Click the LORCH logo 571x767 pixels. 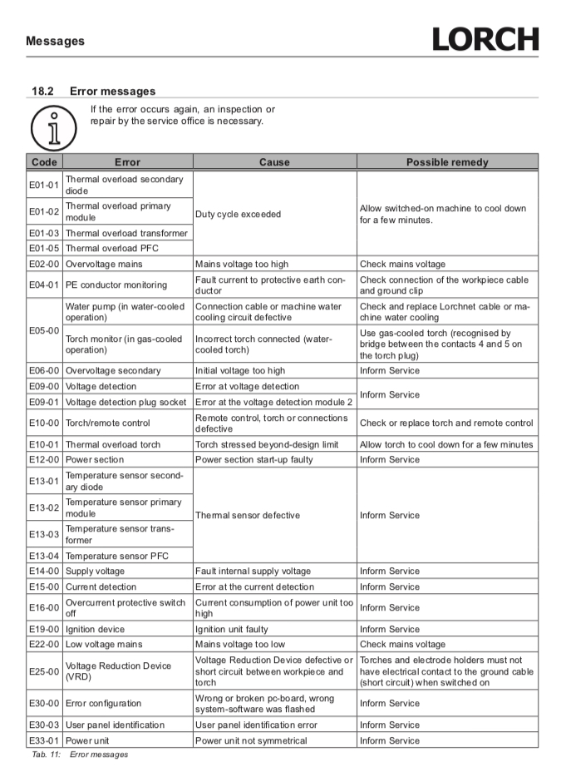tap(485, 39)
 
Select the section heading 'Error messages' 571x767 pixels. tap(112, 92)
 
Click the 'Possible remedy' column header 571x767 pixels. tap(447, 162)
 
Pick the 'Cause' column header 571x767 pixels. tap(274, 162)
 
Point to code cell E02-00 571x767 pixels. tap(44, 265)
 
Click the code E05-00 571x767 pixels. tap(44, 330)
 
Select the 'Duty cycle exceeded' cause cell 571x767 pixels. tap(238, 214)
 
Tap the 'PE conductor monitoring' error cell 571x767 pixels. tap(116, 285)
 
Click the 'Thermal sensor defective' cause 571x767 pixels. tap(248, 515)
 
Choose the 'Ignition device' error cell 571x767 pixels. tap(96, 629)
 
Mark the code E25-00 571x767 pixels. tap(44, 671)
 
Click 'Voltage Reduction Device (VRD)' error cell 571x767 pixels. tap(118, 671)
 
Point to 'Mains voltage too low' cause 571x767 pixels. tap(240, 645)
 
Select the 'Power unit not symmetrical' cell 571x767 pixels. tap(251, 740)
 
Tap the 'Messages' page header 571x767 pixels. tap(55, 41)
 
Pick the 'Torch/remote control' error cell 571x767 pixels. tap(108, 423)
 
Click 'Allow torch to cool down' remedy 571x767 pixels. tap(446, 444)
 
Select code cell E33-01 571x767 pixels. tap(44, 740)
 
